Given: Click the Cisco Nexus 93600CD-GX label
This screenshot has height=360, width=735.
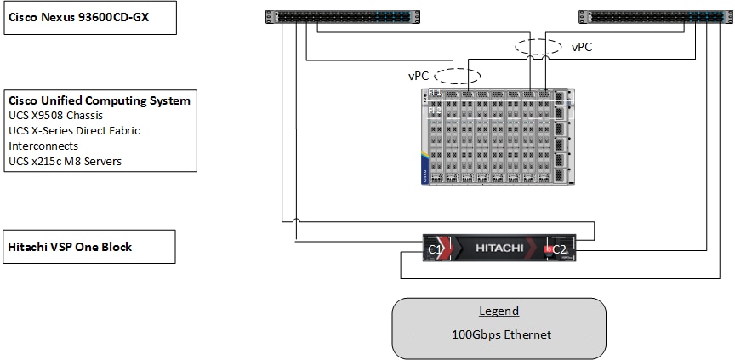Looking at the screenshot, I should coord(78,19).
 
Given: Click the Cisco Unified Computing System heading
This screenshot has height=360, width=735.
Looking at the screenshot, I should coord(99,100).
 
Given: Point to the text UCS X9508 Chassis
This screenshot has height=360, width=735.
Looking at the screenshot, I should coord(58,116).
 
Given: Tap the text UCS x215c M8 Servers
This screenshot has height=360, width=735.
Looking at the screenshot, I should coord(65,162).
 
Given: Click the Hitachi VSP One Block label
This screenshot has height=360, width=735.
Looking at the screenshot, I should coord(70,247).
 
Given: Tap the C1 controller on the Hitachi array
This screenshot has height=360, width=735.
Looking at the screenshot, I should coord(435,249).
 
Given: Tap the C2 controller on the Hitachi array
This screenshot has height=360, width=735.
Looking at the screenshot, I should coord(558,249).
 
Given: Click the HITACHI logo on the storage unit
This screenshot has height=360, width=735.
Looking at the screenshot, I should coord(499,248).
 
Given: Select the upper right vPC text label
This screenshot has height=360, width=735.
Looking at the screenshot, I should coord(581,48).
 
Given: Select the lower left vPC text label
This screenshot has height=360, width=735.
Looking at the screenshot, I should coord(419,76).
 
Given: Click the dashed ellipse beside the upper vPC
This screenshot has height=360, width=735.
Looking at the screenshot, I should coord(537,48).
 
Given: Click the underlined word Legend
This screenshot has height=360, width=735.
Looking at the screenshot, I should coord(499,311).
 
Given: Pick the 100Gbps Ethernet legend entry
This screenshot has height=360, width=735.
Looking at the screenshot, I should coord(499,334).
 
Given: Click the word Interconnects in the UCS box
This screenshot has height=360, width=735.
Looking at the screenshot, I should coord(43,146).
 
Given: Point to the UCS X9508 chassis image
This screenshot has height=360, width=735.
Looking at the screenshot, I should coord(493,136).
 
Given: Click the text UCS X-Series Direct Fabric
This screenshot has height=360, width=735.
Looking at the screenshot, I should coord(74,131).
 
